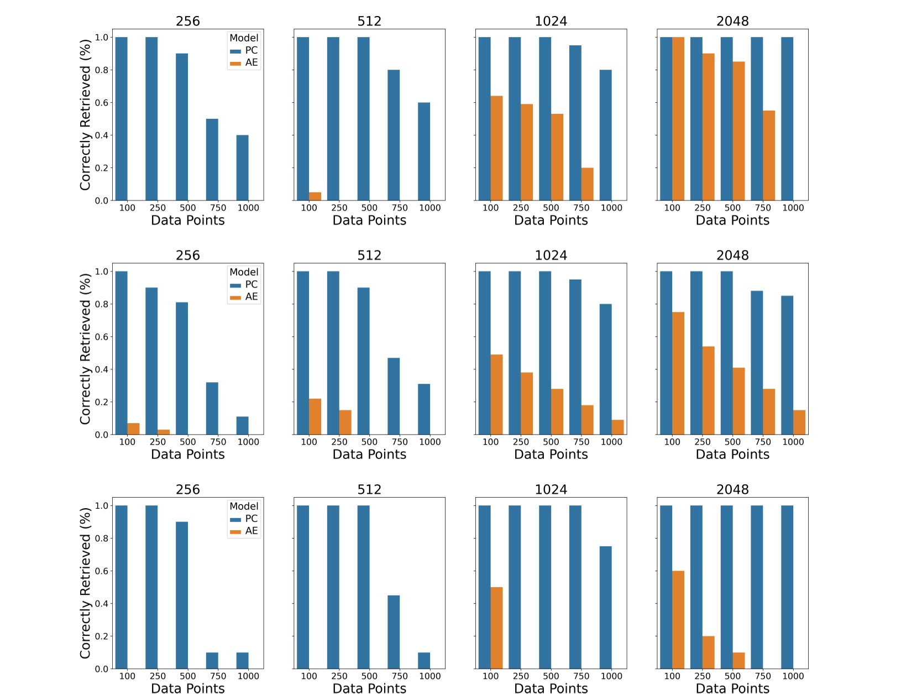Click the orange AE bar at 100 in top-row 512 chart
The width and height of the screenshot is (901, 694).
coord(315,196)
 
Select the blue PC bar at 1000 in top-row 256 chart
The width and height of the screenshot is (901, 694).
coord(242,168)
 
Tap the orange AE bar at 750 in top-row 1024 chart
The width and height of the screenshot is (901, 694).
coord(587,184)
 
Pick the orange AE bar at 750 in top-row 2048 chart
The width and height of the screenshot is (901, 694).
coord(769,155)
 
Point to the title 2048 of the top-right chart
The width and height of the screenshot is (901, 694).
coord(732,21)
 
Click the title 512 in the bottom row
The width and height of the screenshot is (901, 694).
coord(369,489)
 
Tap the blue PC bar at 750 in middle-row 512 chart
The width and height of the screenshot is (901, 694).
coord(394,396)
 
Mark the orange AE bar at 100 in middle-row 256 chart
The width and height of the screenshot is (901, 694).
coord(133,429)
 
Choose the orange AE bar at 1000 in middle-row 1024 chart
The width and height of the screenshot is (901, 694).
coord(617,427)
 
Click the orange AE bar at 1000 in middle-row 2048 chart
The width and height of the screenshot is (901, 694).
coord(799,422)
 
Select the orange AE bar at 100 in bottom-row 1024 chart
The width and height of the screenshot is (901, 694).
coord(496,628)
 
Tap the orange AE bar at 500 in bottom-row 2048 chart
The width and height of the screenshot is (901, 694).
coord(738,660)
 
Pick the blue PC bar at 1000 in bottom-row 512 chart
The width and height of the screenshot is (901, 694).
coord(424,660)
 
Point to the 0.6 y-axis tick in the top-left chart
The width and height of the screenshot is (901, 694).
coord(102,103)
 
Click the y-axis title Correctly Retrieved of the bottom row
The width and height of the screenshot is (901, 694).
coord(85,583)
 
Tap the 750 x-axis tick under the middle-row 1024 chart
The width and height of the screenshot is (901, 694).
coord(581,442)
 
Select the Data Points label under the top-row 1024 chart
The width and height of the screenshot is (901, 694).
coord(551,220)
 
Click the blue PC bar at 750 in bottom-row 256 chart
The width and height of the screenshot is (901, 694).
coord(212,660)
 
